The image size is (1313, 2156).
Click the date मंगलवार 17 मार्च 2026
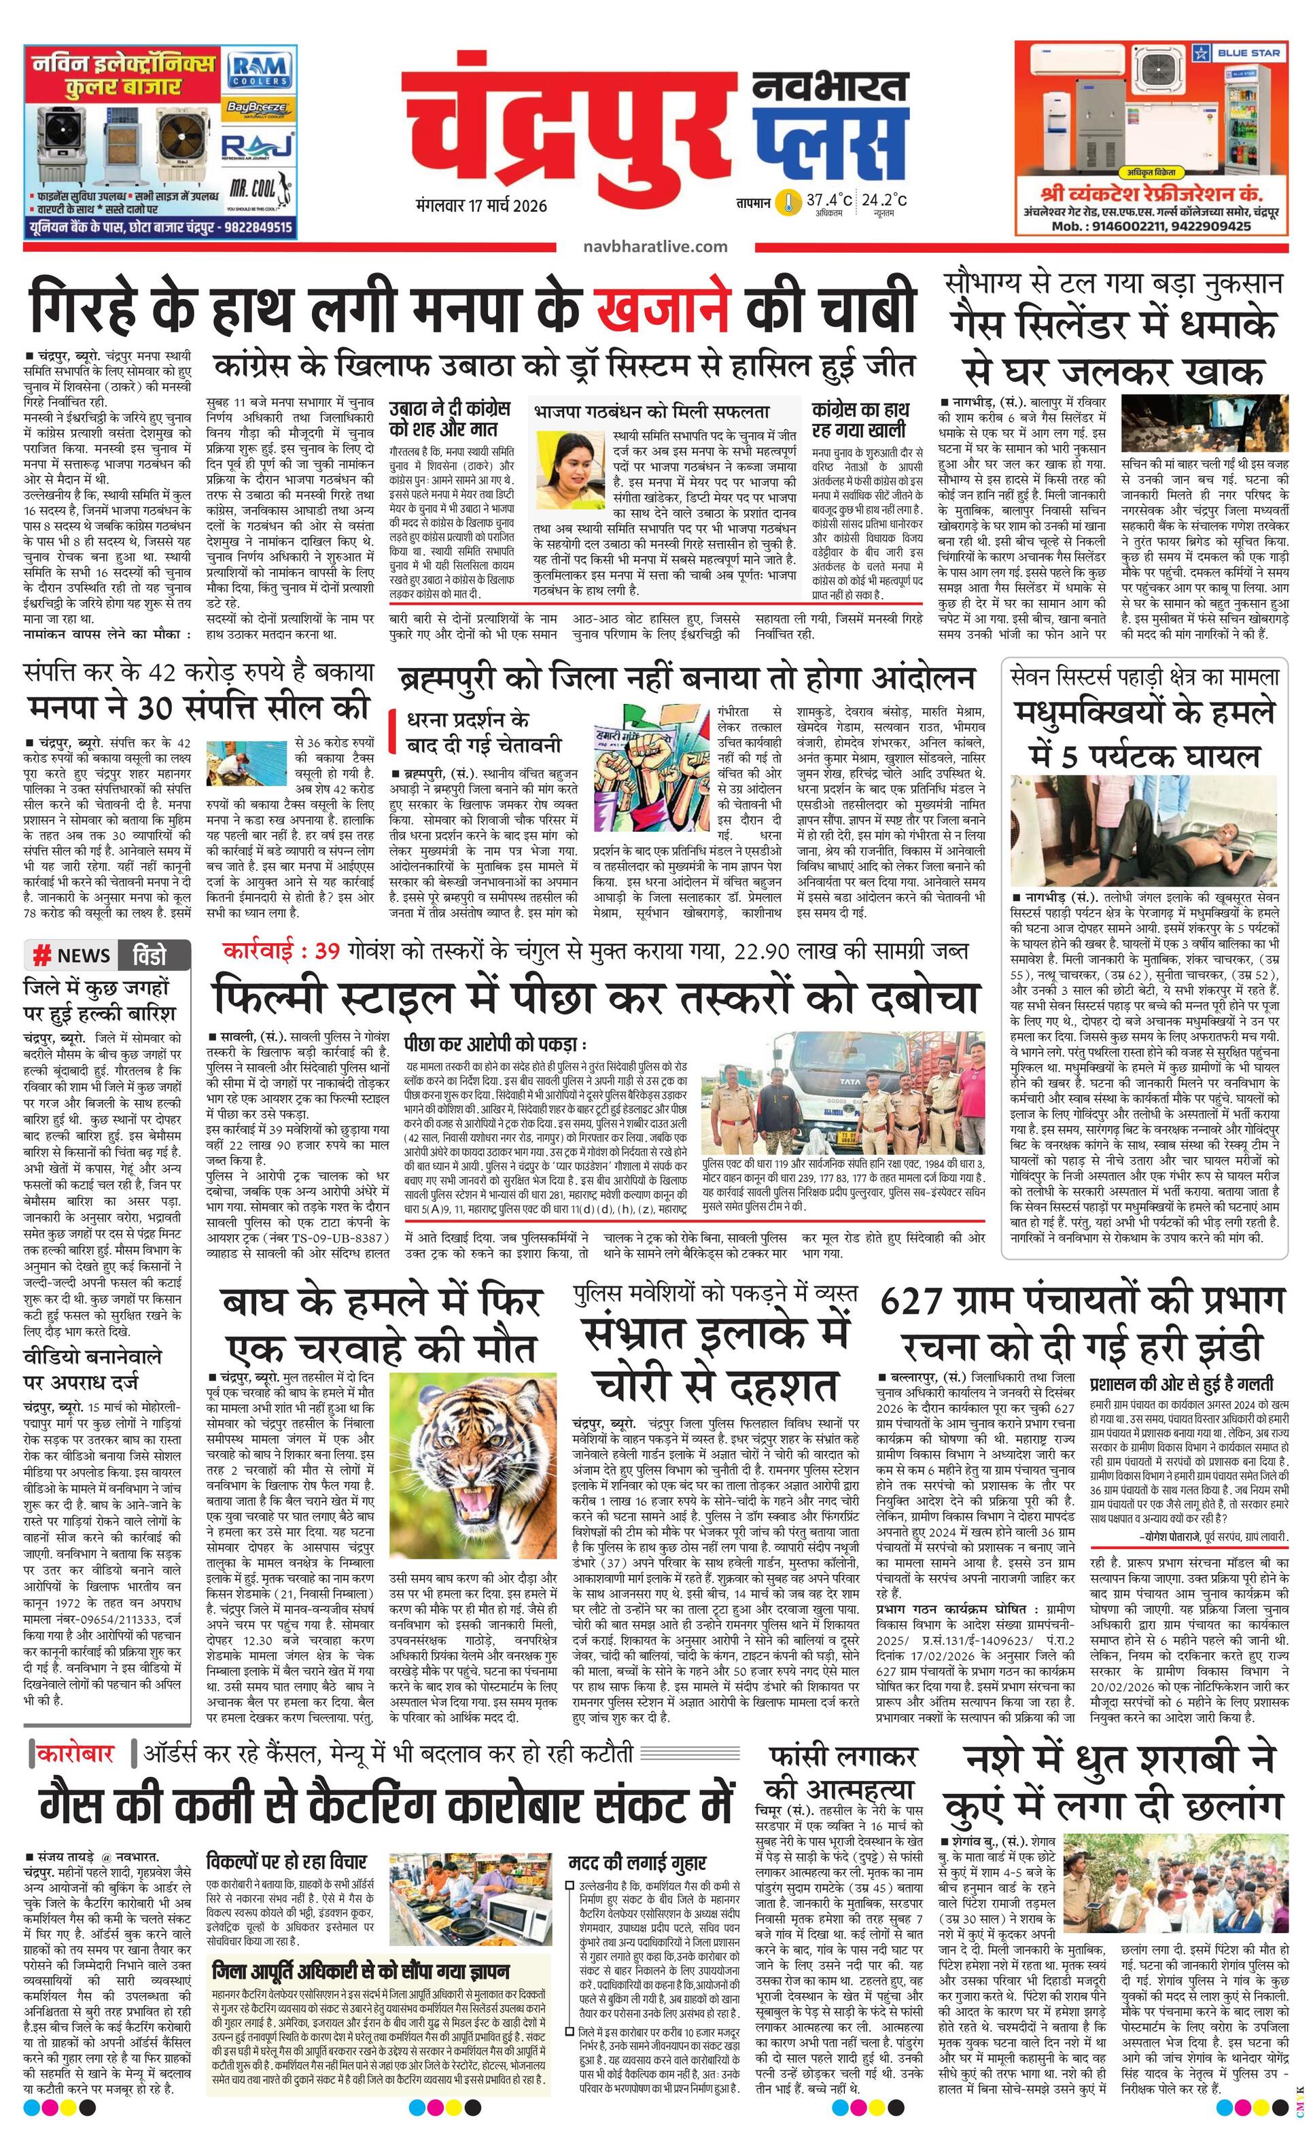483,206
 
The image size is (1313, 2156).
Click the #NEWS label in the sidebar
72,955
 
